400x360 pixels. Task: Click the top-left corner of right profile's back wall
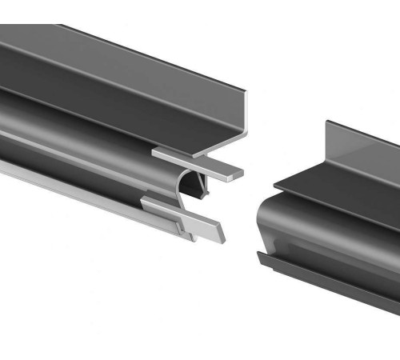pos(327,122)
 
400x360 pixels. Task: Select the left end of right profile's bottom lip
pos(258,255)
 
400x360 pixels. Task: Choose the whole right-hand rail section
pos(332,216)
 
